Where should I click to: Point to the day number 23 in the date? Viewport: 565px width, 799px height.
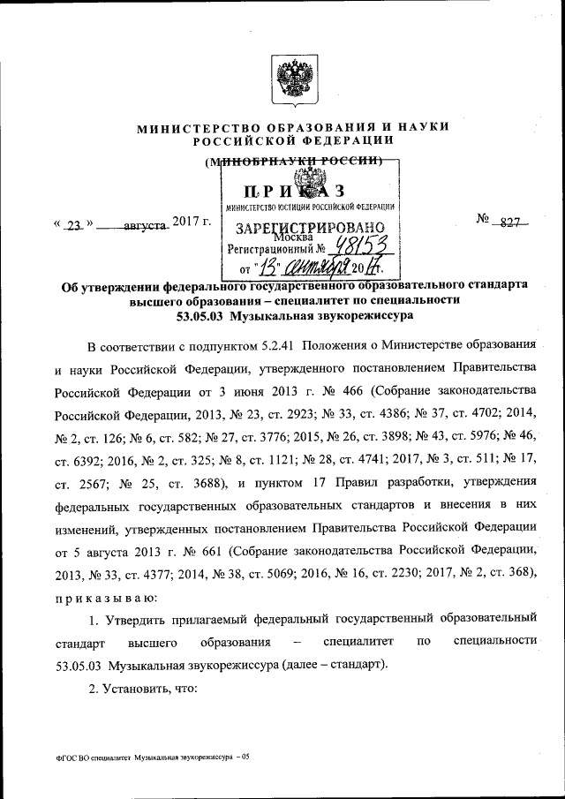pos(73,225)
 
